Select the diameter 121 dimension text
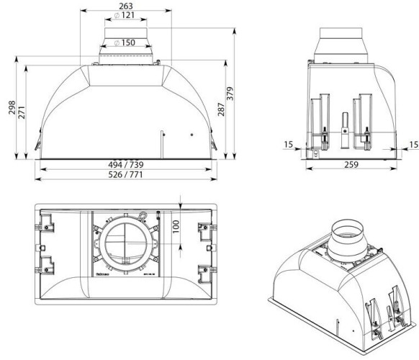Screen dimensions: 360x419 tap(126, 15)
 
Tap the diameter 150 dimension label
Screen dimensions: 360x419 tap(126, 42)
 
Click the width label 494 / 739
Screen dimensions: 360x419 tap(126, 164)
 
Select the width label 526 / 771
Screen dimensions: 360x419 tap(126, 175)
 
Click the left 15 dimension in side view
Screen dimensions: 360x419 tap(289, 145)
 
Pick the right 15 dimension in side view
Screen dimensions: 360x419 tap(413, 145)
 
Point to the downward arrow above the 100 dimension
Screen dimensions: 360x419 tap(180, 202)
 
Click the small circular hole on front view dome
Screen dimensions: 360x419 tap(192, 135)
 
